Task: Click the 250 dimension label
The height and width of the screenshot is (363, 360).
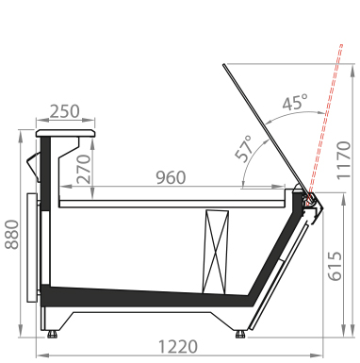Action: point(65,111)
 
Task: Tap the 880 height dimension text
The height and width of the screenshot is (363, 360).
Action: point(12,235)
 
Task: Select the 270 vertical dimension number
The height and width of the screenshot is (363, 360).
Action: point(84,169)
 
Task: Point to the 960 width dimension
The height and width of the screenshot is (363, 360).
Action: point(171,177)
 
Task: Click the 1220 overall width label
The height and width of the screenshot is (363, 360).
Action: point(178,347)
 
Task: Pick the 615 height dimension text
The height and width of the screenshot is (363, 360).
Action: point(335,266)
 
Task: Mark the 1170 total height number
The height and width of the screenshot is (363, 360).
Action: point(343,160)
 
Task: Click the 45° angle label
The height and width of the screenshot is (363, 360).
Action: point(295,103)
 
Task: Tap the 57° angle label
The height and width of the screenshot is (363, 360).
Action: point(244,149)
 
